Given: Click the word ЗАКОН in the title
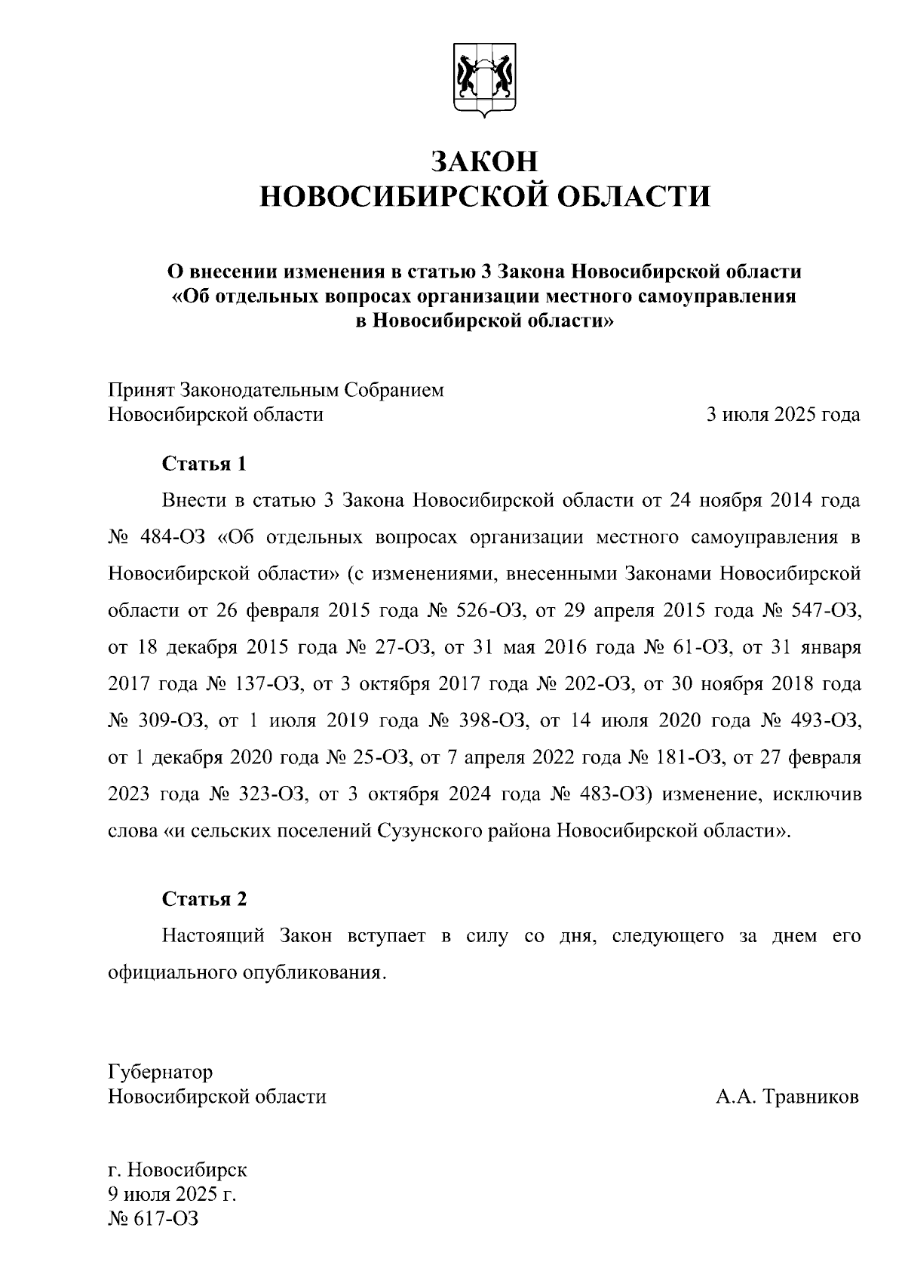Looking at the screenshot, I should [x=484, y=161].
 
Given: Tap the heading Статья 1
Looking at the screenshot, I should [x=204, y=463].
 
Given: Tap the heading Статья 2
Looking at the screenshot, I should [x=204, y=899].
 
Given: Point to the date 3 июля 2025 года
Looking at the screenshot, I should [x=782, y=414].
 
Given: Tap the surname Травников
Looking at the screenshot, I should [x=811, y=1096].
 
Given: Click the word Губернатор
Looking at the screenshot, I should [x=161, y=1072].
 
